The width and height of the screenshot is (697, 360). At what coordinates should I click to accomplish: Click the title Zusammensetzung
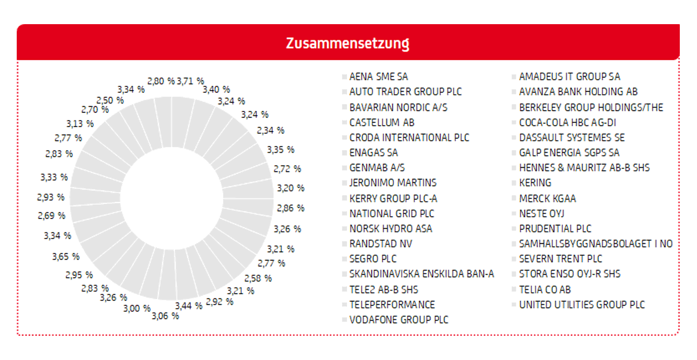coord(348,43)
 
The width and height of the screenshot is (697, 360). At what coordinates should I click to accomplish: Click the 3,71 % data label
coord(191,81)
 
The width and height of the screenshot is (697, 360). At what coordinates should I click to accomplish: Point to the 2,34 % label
coord(270,131)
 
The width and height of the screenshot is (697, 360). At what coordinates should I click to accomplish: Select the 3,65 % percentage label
coord(66,257)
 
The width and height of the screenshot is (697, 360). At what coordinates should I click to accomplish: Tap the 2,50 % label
coord(110,100)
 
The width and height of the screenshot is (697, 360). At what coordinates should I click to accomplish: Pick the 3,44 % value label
coord(189,306)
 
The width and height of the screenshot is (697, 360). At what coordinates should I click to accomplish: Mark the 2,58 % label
coord(258,278)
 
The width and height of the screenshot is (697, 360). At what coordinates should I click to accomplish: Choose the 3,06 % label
coord(165,316)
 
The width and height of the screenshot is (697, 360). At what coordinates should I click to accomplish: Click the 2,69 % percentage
coord(51,216)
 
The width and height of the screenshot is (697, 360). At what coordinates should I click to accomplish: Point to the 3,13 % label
coord(80,124)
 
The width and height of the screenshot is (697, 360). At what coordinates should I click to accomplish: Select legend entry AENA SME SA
coord(378,77)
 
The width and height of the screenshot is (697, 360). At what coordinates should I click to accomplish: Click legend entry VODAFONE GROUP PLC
coord(399,320)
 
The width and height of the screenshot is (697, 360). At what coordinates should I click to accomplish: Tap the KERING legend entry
coord(535,183)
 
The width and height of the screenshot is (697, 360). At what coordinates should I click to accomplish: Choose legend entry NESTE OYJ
coord(541,214)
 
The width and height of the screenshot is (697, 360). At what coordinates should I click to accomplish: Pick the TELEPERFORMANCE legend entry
coord(392,305)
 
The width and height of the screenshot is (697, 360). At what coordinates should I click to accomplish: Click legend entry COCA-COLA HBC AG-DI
coord(567,123)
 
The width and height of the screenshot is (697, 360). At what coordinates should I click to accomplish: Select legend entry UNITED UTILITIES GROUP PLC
coord(582,305)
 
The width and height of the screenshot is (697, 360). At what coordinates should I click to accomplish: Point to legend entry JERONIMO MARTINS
coord(393,183)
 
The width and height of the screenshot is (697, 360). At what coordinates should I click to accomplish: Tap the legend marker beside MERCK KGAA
coord(514,198)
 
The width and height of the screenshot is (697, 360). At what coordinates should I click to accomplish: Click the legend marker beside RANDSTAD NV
coord(344,243)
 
